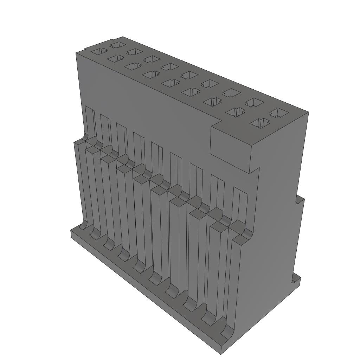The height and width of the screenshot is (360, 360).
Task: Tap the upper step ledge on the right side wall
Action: (299, 200)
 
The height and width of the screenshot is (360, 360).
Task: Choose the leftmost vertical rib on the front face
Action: (80, 183)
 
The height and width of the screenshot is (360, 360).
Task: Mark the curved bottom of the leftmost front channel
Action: (83, 225)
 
